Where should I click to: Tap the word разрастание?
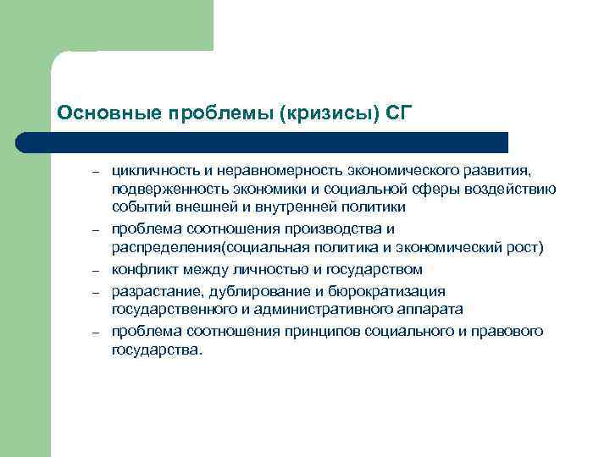(150, 290)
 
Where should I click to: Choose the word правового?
(511, 331)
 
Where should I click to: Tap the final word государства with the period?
(158, 350)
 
